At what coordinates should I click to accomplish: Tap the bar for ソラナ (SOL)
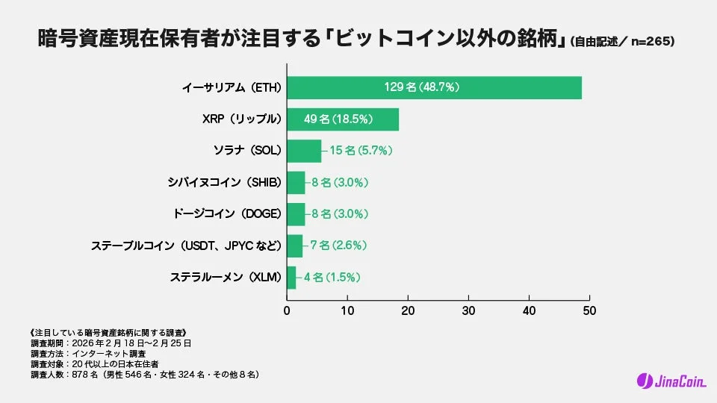[x=303, y=151]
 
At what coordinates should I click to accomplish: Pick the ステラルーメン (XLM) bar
[x=291, y=277]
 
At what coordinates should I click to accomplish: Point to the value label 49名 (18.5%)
[x=338, y=119]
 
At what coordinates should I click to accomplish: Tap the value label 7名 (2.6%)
[x=338, y=246]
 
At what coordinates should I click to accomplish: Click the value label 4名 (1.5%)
[x=332, y=277]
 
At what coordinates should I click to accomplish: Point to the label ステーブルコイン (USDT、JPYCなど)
[x=186, y=246]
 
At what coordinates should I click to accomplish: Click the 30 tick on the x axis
[x=468, y=309]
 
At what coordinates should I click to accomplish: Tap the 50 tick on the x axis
[x=589, y=309]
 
